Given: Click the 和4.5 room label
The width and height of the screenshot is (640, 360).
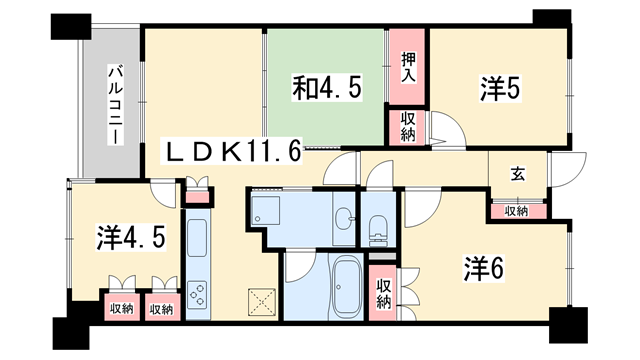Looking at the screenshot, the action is [x=327, y=88].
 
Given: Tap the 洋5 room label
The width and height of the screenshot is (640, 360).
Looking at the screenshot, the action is [x=500, y=88].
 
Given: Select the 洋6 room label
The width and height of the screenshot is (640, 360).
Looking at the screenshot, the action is [x=484, y=269].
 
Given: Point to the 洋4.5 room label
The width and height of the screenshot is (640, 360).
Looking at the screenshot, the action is [x=131, y=238].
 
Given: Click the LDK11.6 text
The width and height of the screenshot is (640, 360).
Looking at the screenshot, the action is [x=232, y=151].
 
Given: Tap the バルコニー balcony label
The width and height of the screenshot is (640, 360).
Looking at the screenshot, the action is [x=116, y=104].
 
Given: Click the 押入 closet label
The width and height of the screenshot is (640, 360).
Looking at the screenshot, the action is [x=408, y=68].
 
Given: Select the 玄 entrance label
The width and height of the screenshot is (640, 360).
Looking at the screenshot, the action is [x=518, y=174].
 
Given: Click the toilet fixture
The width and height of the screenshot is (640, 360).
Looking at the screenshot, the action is [x=377, y=231].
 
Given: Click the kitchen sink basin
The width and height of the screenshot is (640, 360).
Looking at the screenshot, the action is [x=197, y=238].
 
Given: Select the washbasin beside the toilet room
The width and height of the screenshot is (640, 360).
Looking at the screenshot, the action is [x=344, y=219].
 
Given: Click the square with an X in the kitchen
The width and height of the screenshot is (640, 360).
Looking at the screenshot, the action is [x=262, y=302].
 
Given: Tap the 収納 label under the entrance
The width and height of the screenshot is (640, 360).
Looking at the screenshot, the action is [x=516, y=211].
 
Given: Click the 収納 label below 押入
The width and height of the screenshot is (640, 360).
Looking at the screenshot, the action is [x=408, y=127].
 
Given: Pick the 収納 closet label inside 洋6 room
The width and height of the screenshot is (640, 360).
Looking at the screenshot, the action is [x=384, y=293].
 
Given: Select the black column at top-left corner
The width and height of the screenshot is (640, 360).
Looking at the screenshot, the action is [x=71, y=27].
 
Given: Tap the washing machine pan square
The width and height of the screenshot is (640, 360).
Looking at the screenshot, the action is [x=266, y=211].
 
